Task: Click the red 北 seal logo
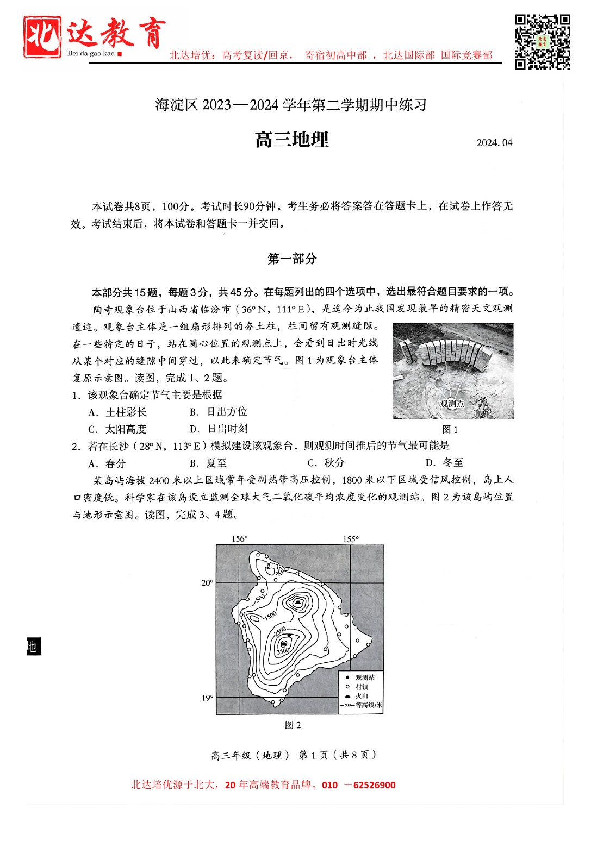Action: (42, 36)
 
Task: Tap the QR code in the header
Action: (542, 42)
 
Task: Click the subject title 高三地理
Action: (292, 140)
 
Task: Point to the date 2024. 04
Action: (494, 143)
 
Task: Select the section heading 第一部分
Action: (292, 259)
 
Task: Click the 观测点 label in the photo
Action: (452, 404)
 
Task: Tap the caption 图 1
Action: (450, 430)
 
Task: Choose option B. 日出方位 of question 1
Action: (219, 412)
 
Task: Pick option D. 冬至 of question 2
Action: (444, 463)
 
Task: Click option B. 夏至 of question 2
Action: (208, 463)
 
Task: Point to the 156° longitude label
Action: (239, 539)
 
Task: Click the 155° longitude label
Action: (351, 539)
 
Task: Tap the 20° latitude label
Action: (207, 583)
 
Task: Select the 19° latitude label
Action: (207, 698)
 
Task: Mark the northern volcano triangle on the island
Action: (297, 602)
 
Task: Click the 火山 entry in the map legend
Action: (362, 696)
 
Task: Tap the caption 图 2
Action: (293, 725)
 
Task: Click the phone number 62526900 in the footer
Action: (374, 785)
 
